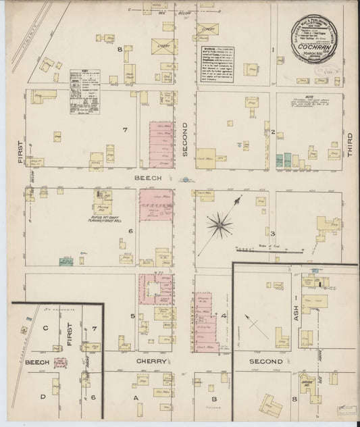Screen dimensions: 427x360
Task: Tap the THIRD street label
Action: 351,144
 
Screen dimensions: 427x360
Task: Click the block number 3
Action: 272,233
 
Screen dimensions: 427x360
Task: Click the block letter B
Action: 212,388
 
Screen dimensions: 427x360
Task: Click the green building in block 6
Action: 66,260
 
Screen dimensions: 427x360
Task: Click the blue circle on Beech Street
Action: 184,180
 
